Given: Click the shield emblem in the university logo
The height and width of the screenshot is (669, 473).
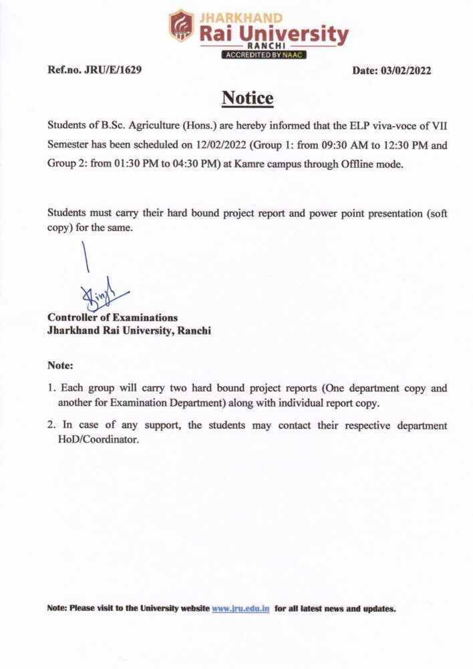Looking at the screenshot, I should pyautogui.click(x=181, y=25).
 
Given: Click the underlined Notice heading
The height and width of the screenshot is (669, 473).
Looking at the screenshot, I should pyautogui.click(x=247, y=98).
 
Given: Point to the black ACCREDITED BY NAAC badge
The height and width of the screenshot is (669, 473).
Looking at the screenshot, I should pyautogui.click(x=263, y=55).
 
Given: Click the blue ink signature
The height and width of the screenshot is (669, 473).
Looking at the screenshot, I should pyautogui.click(x=100, y=291).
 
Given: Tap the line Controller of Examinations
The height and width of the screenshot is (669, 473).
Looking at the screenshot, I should pyautogui.click(x=112, y=317).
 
